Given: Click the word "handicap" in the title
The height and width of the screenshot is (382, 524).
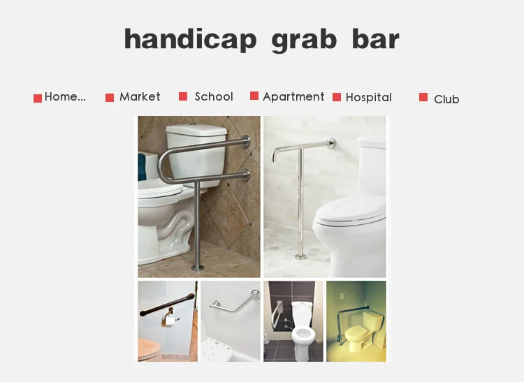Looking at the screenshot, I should pos(190,39).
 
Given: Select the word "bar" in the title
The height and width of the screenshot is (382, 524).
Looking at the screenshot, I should pos(375,39).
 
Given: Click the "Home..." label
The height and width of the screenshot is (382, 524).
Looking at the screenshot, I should pos(65,97).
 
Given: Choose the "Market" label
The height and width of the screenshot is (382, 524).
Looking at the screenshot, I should pos(140,97).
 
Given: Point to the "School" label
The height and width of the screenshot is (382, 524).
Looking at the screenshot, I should pos(214,97).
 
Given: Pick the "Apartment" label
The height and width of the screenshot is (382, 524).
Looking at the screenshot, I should pos(293,97).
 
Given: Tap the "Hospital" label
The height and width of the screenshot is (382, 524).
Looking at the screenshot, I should pos(368,98).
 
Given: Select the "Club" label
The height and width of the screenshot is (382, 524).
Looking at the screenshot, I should pos(446,99).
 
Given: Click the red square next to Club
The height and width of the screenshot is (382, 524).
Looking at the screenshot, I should pos(423,97).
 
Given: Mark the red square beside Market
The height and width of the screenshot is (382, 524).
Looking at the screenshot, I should pos(110,98).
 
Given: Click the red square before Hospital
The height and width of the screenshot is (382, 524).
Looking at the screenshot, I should pos(337,97).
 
